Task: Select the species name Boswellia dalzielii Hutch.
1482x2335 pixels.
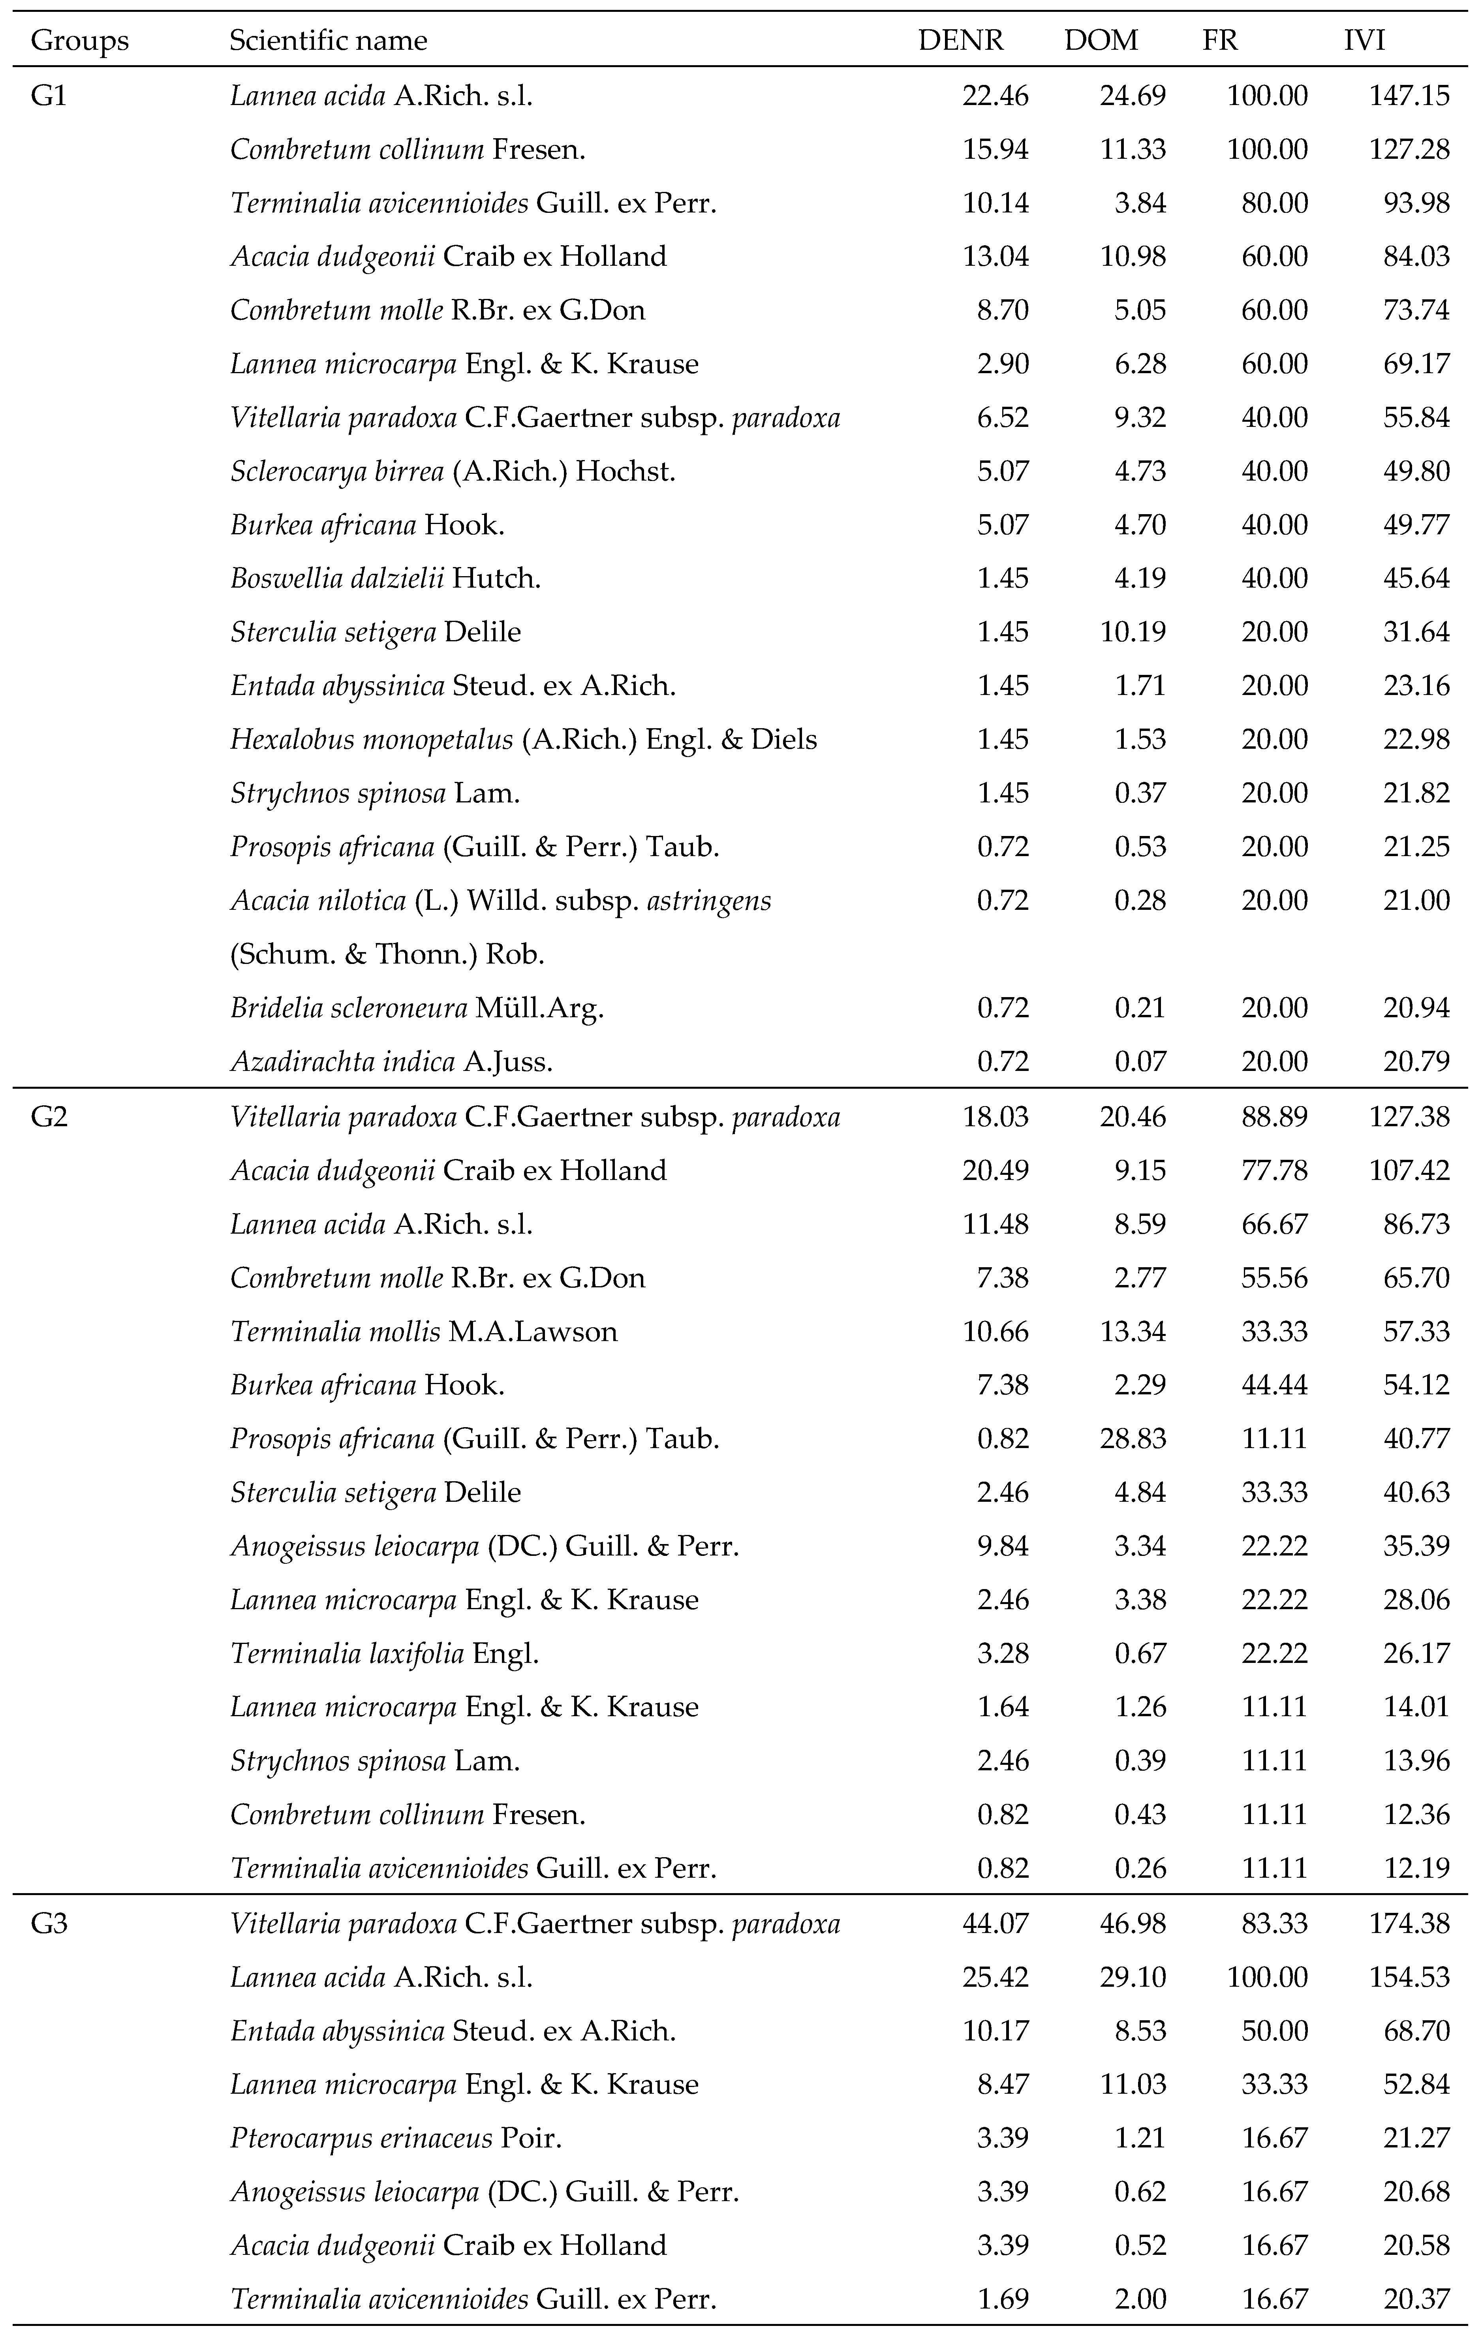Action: (385, 579)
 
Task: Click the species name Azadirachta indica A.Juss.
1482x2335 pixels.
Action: (391, 1062)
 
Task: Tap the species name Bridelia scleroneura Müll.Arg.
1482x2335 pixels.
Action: (417, 1009)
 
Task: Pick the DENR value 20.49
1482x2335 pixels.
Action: (995, 1170)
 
